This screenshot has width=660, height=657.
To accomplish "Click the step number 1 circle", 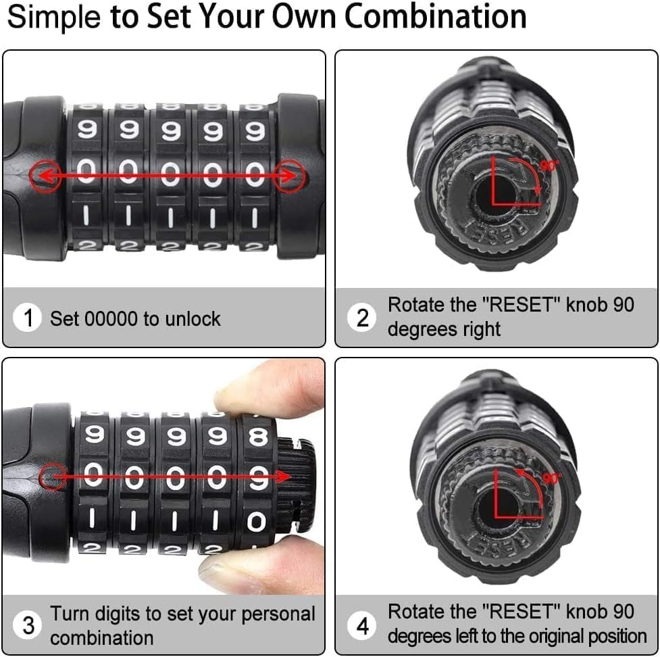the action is coord(28,318).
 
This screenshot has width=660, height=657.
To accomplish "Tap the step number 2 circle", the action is coord(362,318).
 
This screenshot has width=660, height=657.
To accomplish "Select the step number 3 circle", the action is coord(28,625).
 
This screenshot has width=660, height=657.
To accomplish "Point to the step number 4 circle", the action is coord(362,625).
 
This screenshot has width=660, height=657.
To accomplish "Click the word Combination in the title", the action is coord(435,17).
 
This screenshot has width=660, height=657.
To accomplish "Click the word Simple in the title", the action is coord(54,18).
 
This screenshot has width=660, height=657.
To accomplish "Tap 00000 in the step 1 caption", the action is coord(111,319).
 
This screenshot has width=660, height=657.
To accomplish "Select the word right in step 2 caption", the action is coord(480,330).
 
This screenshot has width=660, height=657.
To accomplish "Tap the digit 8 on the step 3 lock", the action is coord(258,437).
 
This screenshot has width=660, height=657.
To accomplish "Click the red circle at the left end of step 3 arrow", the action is coord(53,477).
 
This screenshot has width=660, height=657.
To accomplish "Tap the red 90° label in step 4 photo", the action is coord(552,478).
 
